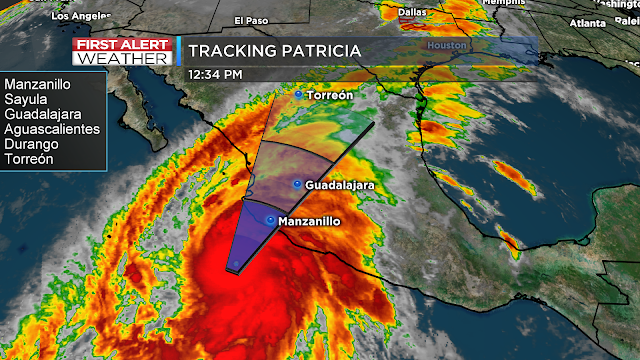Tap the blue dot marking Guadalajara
point(297,185)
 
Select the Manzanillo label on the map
point(313,220)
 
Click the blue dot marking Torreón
point(297,94)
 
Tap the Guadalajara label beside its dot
point(339,185)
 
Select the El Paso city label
point(252,21)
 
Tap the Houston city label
point(446,46)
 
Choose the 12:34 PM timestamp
point(215,73)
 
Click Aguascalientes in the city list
point(52,129)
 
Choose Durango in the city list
point(31,144)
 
